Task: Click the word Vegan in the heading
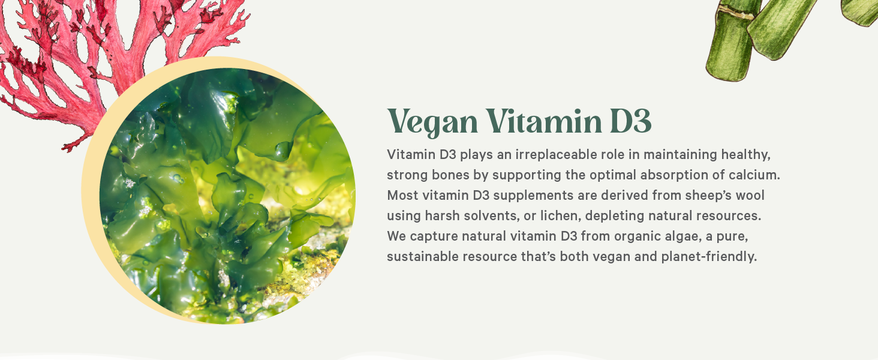433,122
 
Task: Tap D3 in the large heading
630,122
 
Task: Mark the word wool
750,196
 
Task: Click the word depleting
606,216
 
